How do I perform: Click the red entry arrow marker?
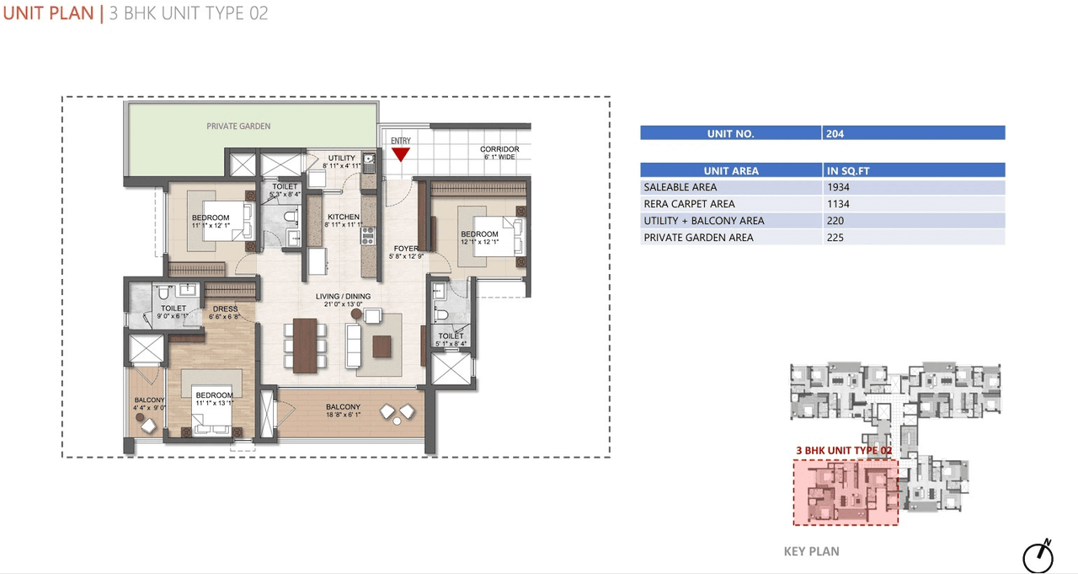click(x=401, y=154)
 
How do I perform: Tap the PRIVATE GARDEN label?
click(x=239, y=126)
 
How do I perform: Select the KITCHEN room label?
click(x=343, y=217)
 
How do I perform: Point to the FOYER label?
click(x=406, y=249)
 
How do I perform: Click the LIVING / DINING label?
click(x=343, y=297)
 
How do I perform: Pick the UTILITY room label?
click(x=342, y=158)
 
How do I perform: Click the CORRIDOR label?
click(x=499, y=149)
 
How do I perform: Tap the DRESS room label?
click(x=225, y=309)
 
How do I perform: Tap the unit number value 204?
click(x=835, y=133)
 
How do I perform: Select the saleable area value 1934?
click(x=838, y=187)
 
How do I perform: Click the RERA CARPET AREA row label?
click(x=689, y=204)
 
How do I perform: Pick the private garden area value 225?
click(x=835, y=238)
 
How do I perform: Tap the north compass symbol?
click(x=1038, y=556)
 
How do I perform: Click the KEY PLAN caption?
click(x=811, y=551)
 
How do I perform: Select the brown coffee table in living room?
click(x=382, y=346)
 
